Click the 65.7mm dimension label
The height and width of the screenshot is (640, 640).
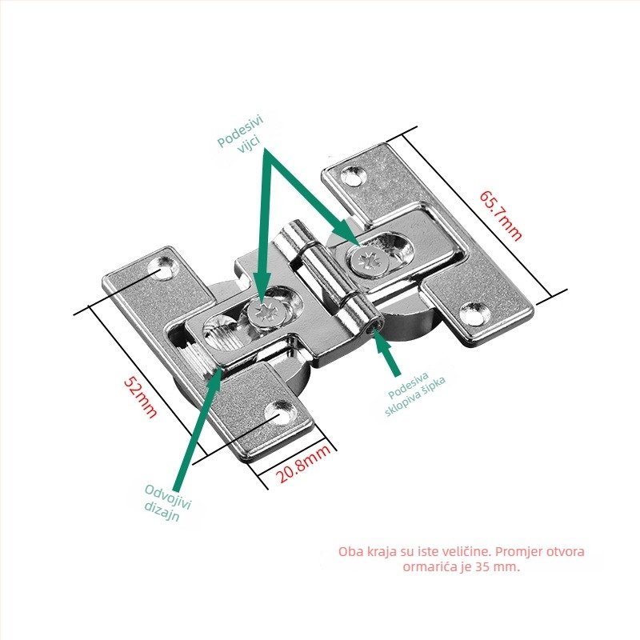coord(501,215)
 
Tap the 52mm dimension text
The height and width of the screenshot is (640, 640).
coord(141,397)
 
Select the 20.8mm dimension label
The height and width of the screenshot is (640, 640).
coord(303,464)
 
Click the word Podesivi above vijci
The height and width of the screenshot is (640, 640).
coord(241,131)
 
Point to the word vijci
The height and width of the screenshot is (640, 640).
coord(250,145)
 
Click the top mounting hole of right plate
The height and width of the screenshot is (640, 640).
coord(353,174)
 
